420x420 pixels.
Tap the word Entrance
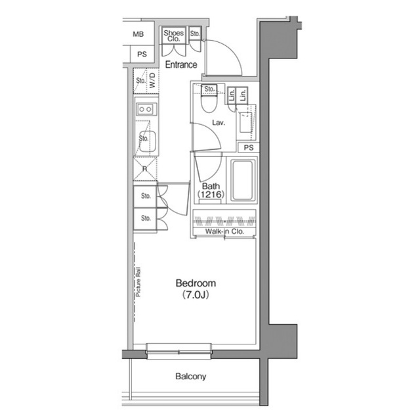pos(180,64)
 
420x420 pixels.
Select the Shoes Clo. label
pos(174,35)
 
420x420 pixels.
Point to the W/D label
pos(152,83)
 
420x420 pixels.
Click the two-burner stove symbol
pos(146,109)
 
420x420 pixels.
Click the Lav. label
pos(219,123)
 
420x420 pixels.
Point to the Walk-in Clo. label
pos(224,232)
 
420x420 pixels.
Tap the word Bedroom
pos(195,284)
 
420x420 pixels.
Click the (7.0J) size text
pos(195,296)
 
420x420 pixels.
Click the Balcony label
pos(190,377)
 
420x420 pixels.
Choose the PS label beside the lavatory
pos(248,148)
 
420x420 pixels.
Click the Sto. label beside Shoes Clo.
pos(196,33)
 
